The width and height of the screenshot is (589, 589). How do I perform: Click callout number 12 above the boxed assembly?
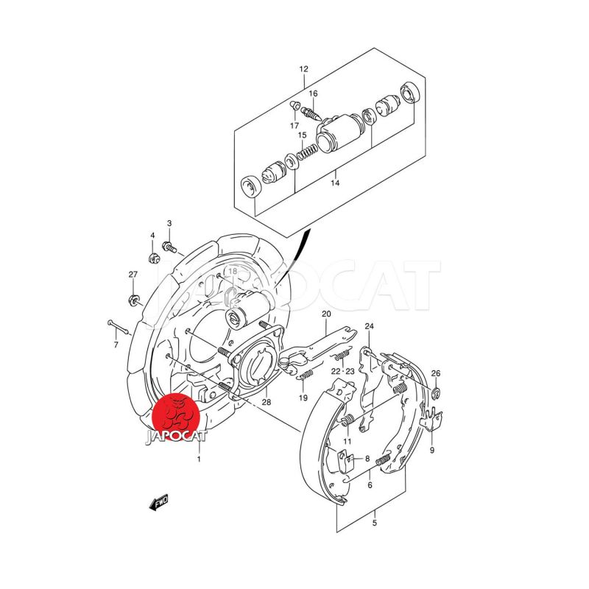coord(303,69)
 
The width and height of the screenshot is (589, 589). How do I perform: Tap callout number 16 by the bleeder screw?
coord(314,94)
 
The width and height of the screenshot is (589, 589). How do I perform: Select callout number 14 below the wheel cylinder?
coord(335,183)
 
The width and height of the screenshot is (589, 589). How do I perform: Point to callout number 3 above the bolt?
coord(169,224)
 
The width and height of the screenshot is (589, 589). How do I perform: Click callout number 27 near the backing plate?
coord(133,275)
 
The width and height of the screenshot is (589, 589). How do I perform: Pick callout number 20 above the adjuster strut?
coord(326,314)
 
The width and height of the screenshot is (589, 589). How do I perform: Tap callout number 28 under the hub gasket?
coord(267,402)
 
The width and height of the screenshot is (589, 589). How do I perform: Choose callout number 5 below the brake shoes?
coord(375,523)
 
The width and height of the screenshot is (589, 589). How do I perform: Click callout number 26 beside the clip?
coord(436,373)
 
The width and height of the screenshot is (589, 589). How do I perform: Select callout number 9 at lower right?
coord(432,450)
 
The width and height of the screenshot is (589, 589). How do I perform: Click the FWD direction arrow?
coord(159,503)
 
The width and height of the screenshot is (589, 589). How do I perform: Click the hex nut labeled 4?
coord(154,258)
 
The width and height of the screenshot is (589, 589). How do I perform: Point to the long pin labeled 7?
coord(119,327)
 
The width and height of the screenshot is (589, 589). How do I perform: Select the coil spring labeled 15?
coord(308,151)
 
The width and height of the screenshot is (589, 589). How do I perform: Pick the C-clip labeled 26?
coord(436,393)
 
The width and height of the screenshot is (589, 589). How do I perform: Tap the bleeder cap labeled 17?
coord(296,105)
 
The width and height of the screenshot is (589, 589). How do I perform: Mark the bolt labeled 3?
coord(169,247)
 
